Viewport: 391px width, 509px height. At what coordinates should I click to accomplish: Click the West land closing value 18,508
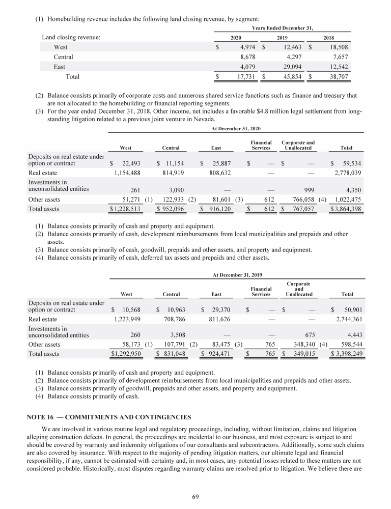tap(336, 47)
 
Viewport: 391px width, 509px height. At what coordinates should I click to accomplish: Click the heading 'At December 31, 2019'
tap(236, 275)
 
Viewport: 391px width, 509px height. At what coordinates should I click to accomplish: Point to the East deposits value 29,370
tap(220, 309)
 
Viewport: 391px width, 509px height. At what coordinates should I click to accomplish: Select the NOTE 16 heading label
tap(108, 417)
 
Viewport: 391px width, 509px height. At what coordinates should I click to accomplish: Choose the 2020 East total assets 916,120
tap(220, 209)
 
